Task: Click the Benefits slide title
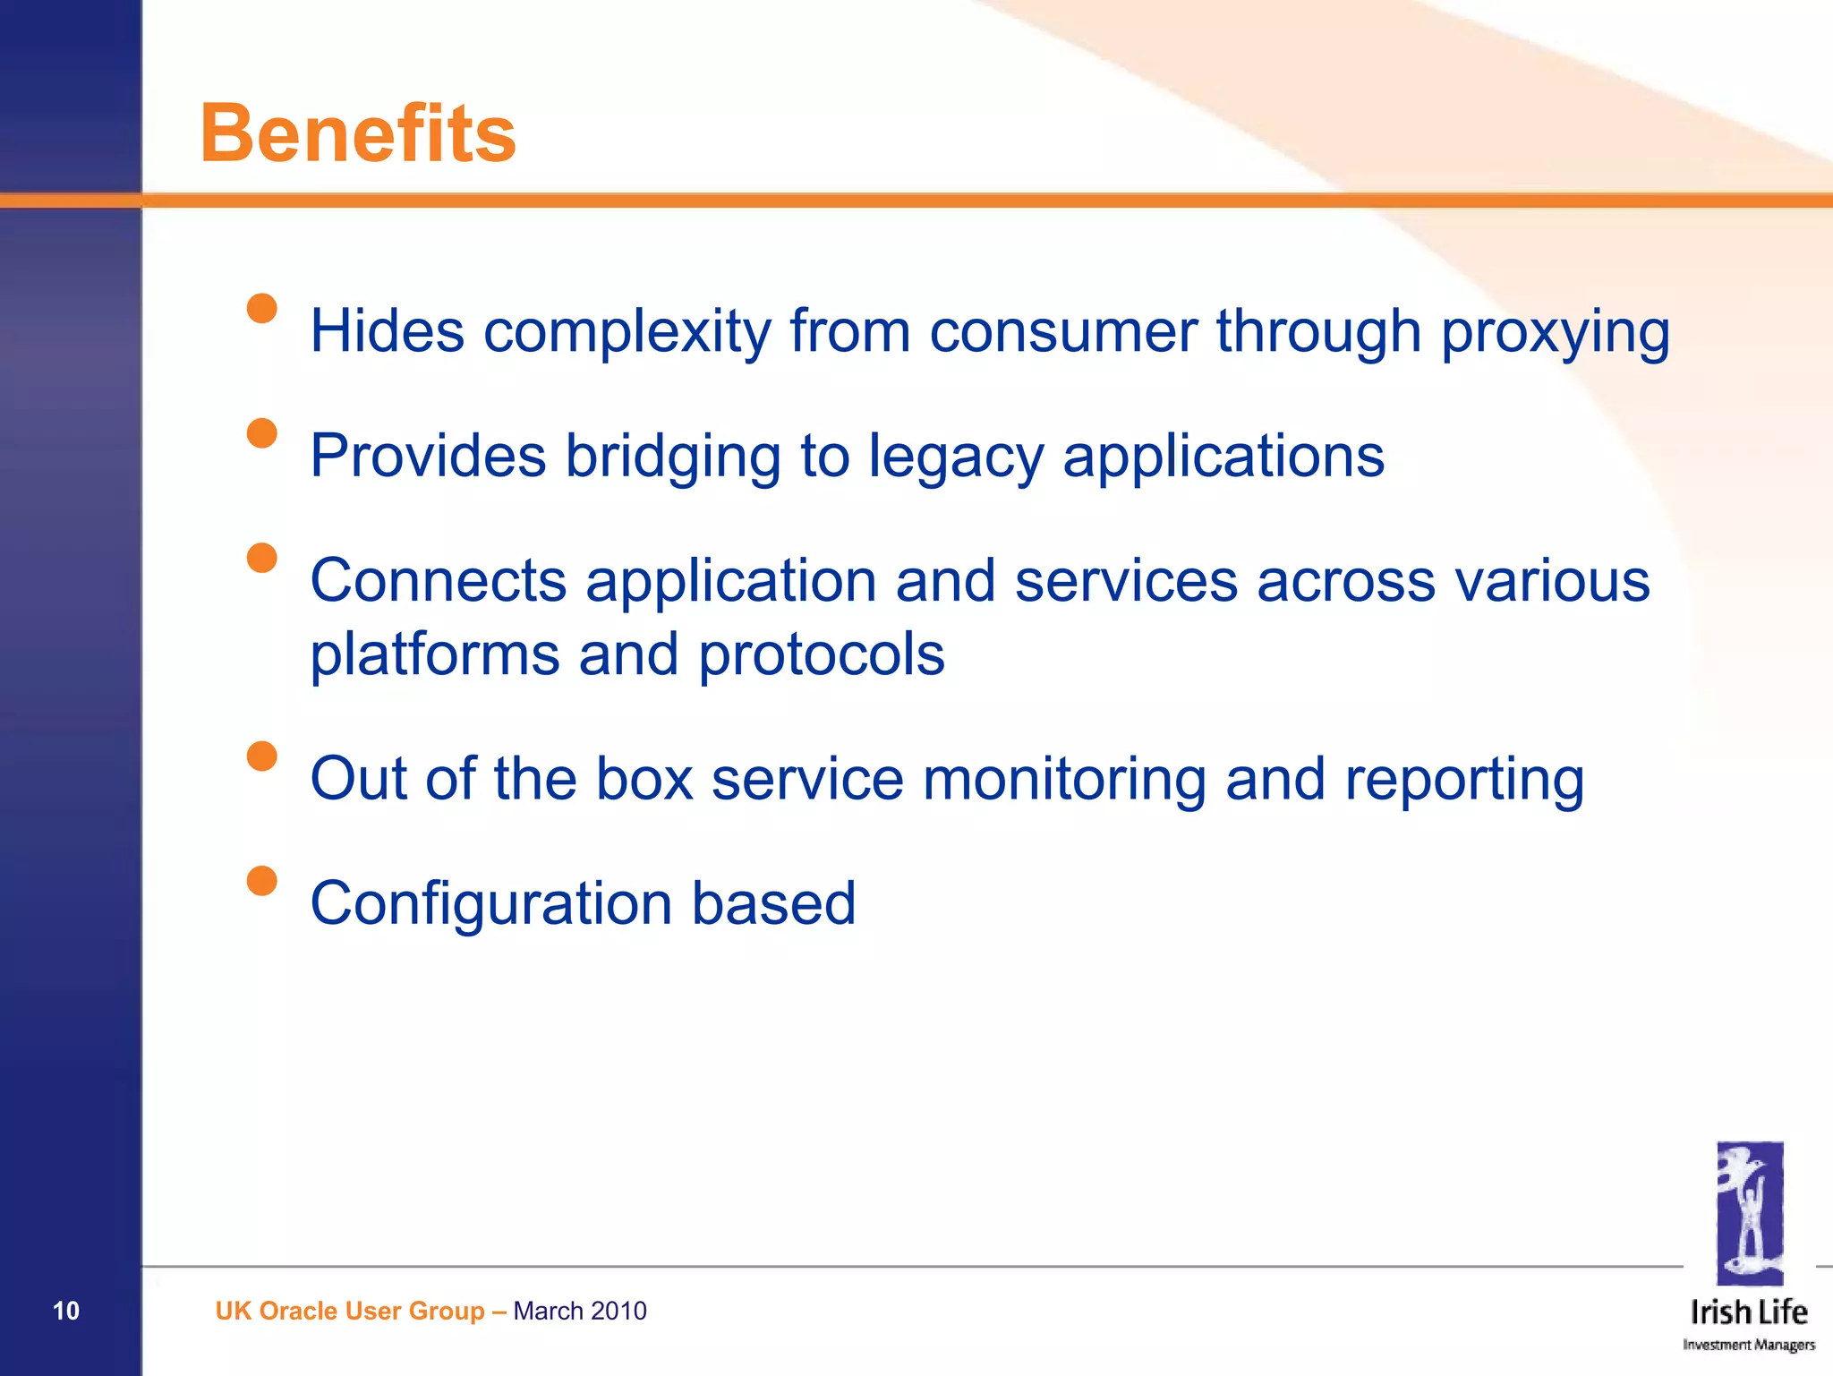[358, 134]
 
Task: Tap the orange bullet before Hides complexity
[261, 309]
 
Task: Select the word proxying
[1555, 333]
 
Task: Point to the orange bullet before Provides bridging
[261, 433]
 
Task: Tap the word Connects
[438, 581]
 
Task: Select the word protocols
[821, 654]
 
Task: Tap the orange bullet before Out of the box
[261, 756]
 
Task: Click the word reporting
[1464, 781]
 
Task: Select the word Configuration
[490, 904]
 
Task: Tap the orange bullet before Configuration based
[261, 881]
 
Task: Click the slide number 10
[66, 1311]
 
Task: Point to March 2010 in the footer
[579, 1311]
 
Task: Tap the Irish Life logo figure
[1749, 1214]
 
